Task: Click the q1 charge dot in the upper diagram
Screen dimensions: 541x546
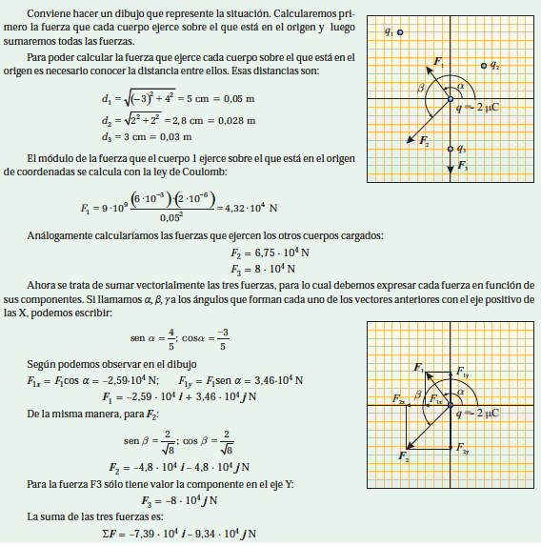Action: tap(401, 31)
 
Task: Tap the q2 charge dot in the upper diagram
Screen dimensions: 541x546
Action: tap(485, 65)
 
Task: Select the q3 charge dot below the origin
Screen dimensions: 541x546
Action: tap(451, 149)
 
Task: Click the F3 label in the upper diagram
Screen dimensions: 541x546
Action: tap(462, 166)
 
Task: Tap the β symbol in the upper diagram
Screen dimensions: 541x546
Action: tap(421, 88)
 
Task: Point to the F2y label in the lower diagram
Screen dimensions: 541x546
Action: tap(462, 447)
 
